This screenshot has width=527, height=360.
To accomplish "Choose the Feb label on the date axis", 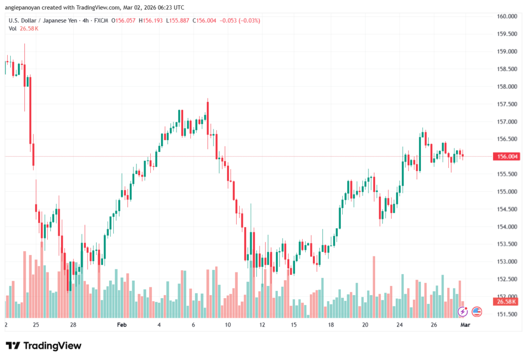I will point(121,325).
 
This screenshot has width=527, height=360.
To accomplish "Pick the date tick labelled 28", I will point(74,325).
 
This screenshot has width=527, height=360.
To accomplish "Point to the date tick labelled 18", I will point(331,325).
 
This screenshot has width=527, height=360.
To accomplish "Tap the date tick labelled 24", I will point(399,325).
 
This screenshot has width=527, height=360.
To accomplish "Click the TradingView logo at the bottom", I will point(43,346).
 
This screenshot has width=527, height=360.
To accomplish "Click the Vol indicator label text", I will point(12,28).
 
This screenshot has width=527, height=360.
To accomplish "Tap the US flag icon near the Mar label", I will point(477,311).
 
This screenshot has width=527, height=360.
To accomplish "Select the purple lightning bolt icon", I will point(463,311).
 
